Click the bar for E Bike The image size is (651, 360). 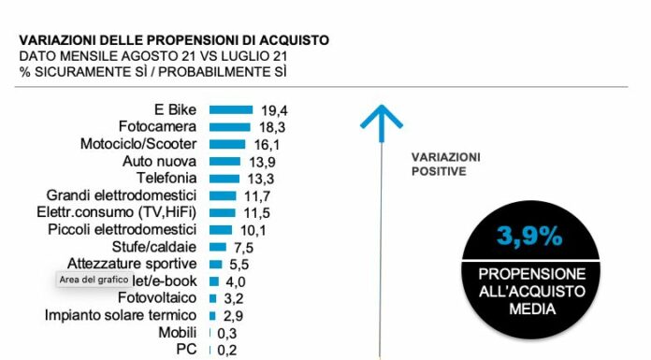coord(231,109)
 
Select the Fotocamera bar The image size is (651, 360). coord(229,127)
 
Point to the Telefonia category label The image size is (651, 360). coord(166,179)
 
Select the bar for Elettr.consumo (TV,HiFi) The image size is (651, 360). coord(222,213)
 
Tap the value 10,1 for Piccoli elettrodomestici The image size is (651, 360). coord(253,230)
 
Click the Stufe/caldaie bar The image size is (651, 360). coord(217,247)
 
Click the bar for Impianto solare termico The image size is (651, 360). coord(212,315)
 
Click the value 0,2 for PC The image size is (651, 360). coord(227,350)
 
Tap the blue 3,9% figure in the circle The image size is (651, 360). coord(529,237)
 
